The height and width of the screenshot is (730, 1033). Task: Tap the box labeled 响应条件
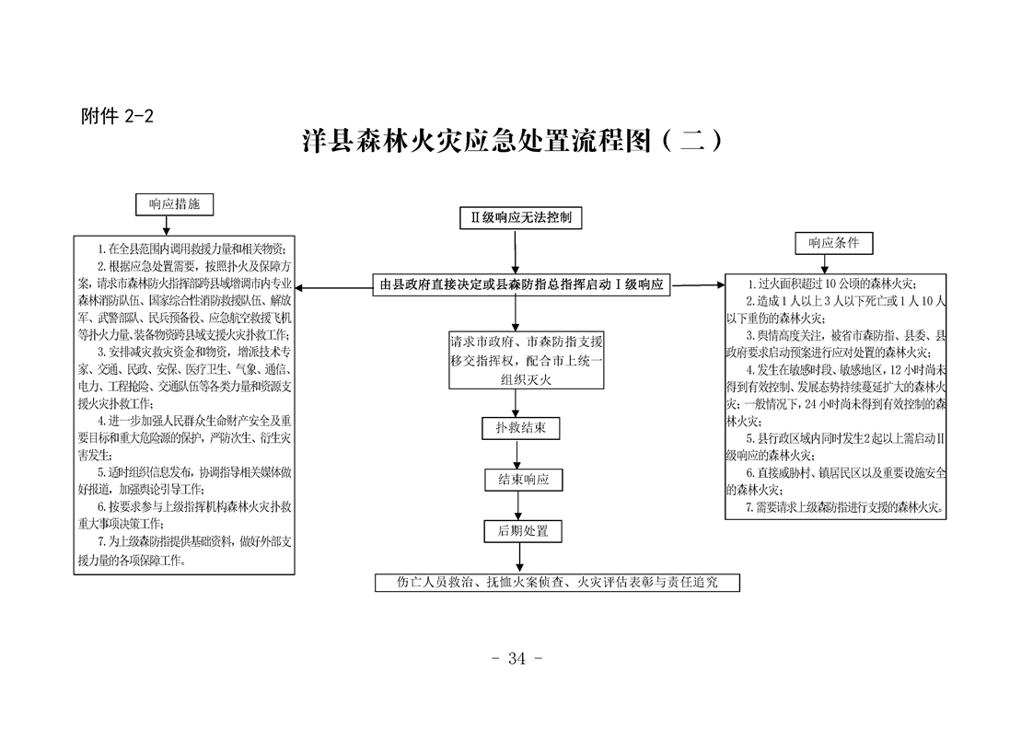[x=833, y=243]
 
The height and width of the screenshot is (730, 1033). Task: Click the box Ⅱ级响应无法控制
[x=520, y=218]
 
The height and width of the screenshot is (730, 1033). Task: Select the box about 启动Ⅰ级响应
[x=521, y=284]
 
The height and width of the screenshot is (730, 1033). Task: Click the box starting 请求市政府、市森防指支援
[x=526, y=359]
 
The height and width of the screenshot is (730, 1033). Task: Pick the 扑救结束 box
[x=520, y=428]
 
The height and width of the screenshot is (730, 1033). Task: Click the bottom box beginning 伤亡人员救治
[x=557, y=583]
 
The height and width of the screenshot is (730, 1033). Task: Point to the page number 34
[x=516, y=658]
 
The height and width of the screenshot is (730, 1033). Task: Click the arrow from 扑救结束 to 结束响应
[x=521, y=454]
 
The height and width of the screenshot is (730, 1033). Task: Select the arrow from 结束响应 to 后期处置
[x=521, y=505]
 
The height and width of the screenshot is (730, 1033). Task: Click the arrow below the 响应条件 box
[x=833, y=264]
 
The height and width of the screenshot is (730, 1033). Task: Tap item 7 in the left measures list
[x=184, y=550]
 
